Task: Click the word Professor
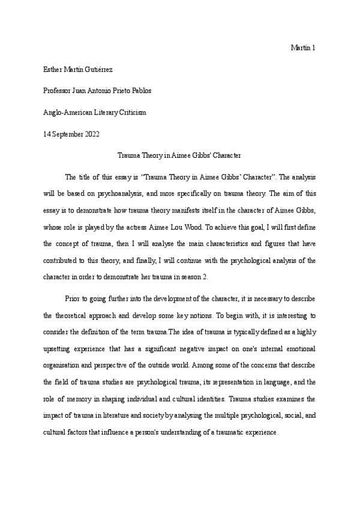tap(59, 91)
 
